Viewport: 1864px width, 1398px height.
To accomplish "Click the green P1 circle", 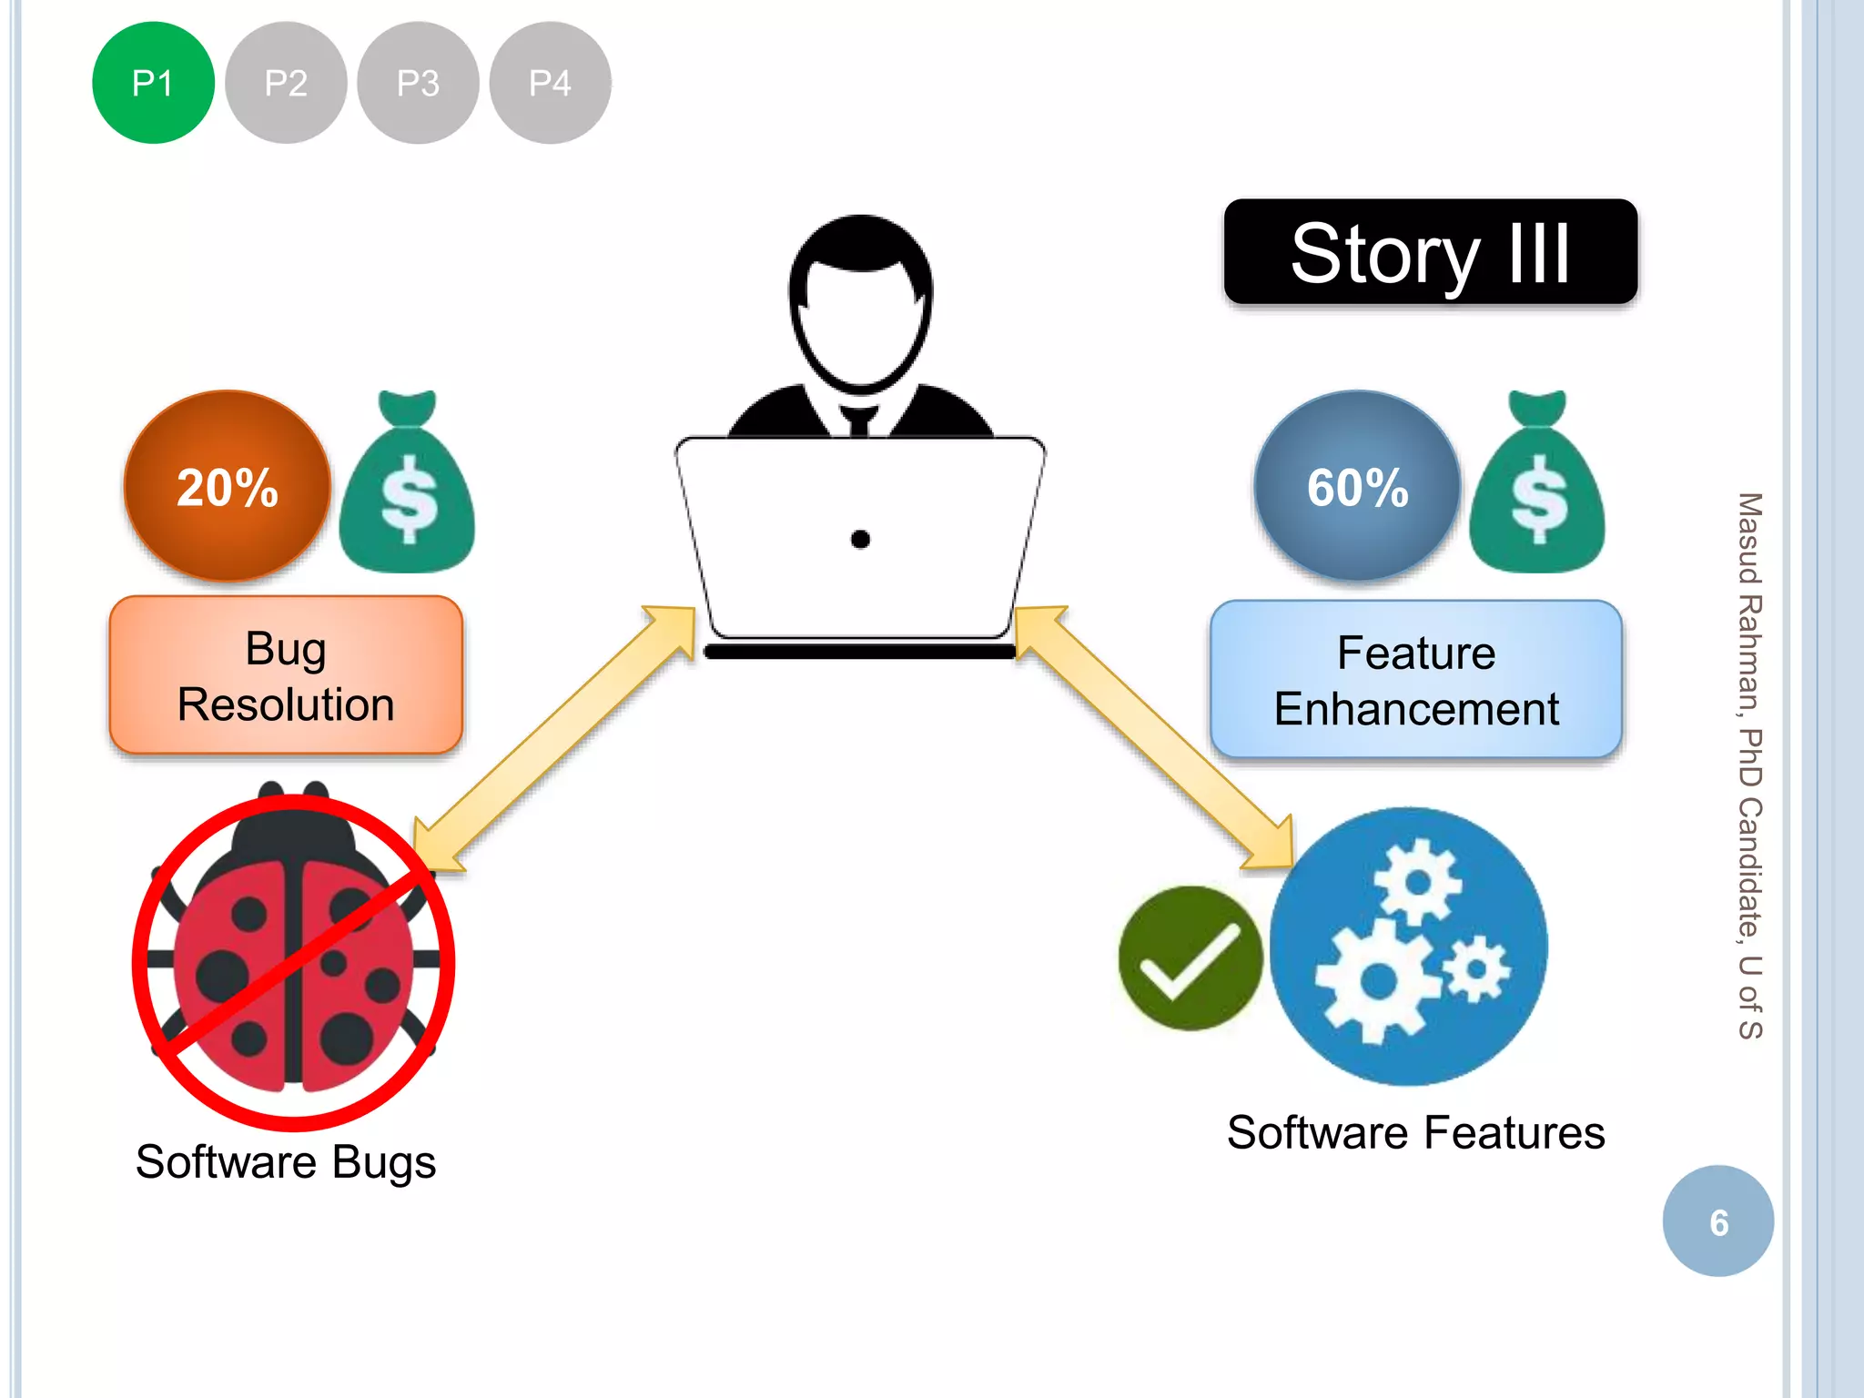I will (x=153, y=83).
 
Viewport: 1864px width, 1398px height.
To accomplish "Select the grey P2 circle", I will (x=286, y=83).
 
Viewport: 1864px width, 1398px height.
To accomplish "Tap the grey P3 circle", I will (x=418, y=83).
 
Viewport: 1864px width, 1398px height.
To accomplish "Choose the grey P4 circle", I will (x=550, y=83).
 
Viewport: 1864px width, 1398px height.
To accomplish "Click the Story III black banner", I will (x=1430, y=252).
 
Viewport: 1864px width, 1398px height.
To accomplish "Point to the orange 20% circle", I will (x=227, y=486).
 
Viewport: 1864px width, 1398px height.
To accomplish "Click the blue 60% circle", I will (x=1357, y=486).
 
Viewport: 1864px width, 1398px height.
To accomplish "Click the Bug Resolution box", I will (x=286, y=675).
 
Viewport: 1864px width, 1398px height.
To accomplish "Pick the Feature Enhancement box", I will (x=1415, y=680).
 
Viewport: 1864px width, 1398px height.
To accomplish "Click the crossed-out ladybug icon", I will (x=293, y=960).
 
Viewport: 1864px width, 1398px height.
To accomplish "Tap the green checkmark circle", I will (x=1190, y=958).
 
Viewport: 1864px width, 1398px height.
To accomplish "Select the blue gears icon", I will (x=1409, y=947).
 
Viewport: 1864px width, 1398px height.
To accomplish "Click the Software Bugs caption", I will (x=286, y=1162).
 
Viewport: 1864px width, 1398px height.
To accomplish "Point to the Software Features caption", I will (x=1415, y=1133).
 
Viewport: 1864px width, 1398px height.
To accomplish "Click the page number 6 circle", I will (x=1717, y=1221).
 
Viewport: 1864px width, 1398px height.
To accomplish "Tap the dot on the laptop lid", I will (x=860, y=540).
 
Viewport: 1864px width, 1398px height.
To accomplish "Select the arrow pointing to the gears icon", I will (x=1154, y=737).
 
